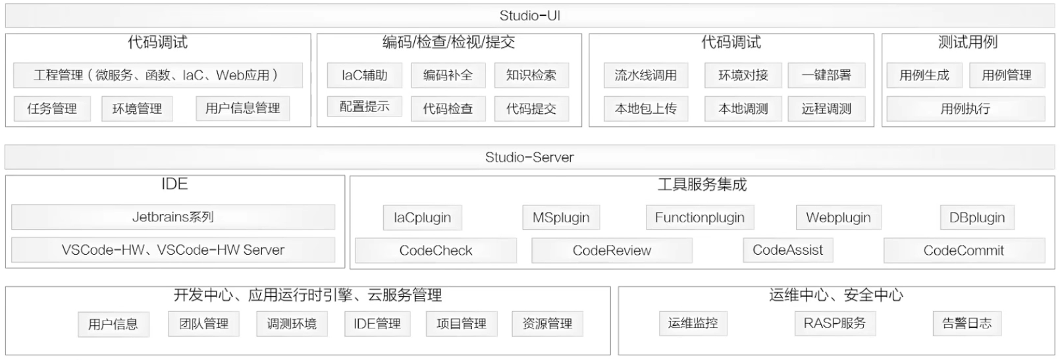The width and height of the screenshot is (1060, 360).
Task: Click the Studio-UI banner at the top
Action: pos(529,16)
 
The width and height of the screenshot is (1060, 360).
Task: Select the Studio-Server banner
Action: pos(529,157)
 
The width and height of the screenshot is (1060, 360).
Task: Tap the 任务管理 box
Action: pos(52,109)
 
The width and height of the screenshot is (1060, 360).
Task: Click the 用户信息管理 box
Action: pos(242,109)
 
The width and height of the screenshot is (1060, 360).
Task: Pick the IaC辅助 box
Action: pos(364,76)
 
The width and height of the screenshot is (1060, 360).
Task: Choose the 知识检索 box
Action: pos(531,76)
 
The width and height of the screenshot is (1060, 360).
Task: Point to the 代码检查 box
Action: pos(448,109)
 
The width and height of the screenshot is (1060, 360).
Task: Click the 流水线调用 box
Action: pos(645,76)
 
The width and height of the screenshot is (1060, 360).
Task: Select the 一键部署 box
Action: pos(826,76)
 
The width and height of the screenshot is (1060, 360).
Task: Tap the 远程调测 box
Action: pos(826,109)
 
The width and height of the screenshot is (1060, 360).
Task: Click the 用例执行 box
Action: pos(965,109)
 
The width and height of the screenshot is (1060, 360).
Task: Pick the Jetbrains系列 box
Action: pos(173,217)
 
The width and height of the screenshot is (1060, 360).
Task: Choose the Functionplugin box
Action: pos(699,218)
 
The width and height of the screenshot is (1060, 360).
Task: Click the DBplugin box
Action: pos(977,218)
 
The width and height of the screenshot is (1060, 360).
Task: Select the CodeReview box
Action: pos(612,251)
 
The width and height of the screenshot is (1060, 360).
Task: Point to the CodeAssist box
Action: pos(787,250)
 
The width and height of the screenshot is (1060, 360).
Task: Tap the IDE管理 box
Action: pos(377,324)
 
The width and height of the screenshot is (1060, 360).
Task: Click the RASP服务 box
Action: pos(835,323)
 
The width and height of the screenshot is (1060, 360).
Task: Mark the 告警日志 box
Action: pos(967,323)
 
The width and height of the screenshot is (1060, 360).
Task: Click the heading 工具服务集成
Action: pos(702,185)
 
